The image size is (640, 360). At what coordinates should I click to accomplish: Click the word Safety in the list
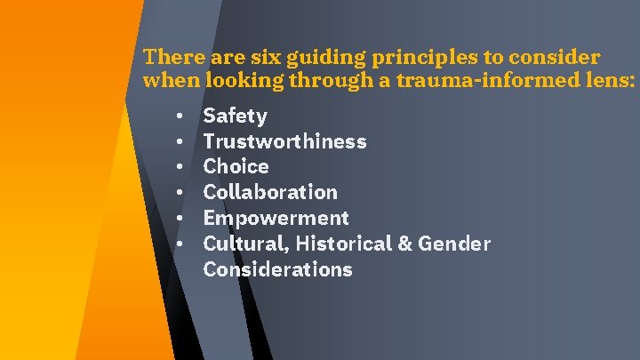point(235,116)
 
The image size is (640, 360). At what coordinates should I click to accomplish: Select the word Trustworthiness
point(284,141)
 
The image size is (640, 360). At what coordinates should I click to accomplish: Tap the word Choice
point(236,166)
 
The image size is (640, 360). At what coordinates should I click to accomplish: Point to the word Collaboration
point(270,192)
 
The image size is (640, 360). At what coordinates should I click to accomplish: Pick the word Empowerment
point(276,218)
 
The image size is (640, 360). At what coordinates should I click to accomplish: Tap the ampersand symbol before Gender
point(404,244)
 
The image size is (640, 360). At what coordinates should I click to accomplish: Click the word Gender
point(456,244)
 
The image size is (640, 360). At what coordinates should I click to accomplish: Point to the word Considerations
point(277,269)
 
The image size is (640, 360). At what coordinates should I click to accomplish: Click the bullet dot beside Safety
point(180,116)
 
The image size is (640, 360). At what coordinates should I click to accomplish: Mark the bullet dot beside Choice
point(180,167)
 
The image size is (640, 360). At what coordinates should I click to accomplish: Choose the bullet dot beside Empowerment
point(180,219)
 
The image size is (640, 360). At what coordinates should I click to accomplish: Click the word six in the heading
point(255,58)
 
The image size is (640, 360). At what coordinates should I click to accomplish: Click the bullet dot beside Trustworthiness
point(180,142)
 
